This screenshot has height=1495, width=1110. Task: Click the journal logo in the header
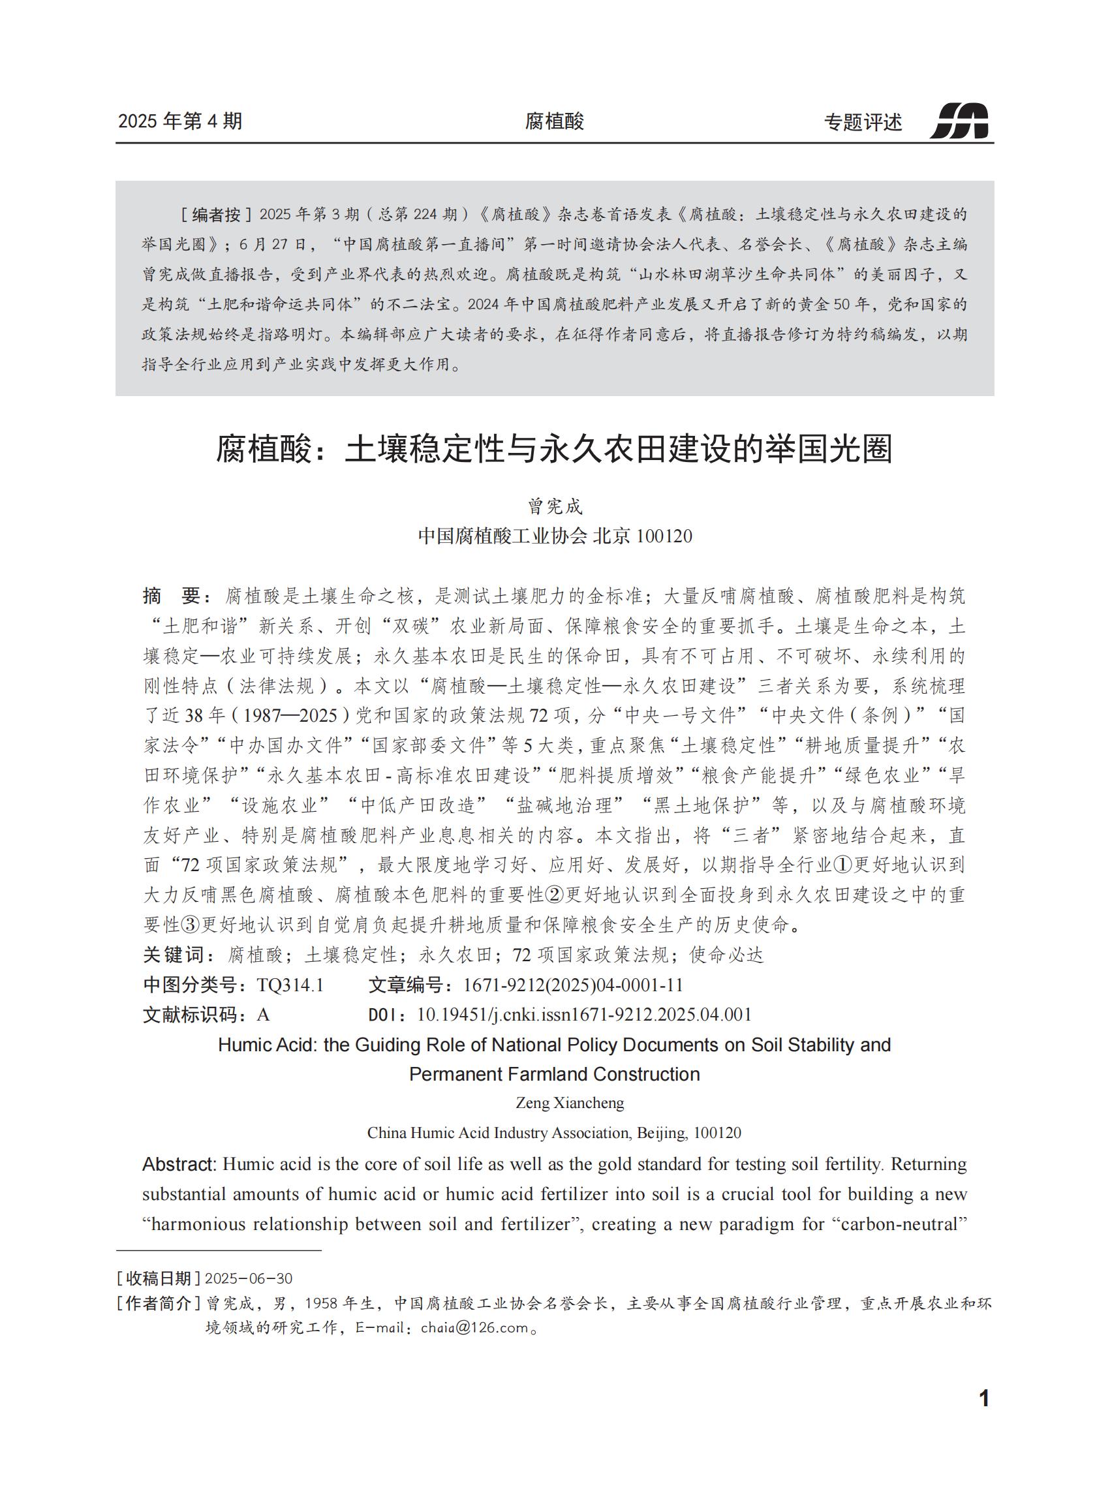[x=960, y=121]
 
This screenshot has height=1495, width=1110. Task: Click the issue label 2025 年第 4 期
[x=180, y=121]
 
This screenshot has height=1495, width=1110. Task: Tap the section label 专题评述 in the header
[x=863, y=122]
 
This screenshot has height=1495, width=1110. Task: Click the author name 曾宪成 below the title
[x=554, y=506]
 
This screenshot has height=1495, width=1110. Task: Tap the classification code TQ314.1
[x=290, y=985]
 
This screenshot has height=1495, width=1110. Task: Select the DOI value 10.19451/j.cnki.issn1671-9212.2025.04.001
[x=584, y=1015]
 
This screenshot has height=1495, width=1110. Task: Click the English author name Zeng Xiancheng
[x=570, y=1103]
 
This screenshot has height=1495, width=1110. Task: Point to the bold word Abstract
[x=179, y=1164]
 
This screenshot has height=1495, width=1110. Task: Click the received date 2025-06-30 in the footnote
[x=249, y=1278]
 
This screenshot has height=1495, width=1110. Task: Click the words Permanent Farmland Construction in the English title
[x=554, y=1073]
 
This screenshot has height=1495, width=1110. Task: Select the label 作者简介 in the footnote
[x=159, y=1304]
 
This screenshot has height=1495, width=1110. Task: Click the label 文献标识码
[x=194, y=1015]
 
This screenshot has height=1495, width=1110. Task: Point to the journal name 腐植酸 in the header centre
[x=554, y=121]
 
